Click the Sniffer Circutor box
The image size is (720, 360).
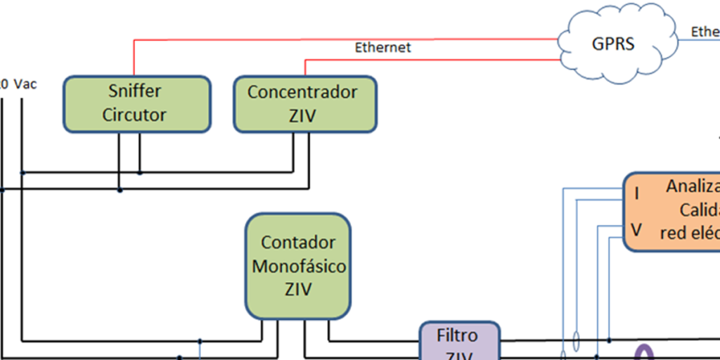tap(136, 103)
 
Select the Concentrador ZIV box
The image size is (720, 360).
tap(304, 103)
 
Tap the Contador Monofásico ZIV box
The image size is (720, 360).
tap(298, 266)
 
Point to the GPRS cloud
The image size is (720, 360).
tap(612, 44)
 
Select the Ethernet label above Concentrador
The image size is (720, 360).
tap(382, 48)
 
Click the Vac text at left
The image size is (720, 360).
tap(25, 84)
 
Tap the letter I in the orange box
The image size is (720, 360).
tap(637, 193)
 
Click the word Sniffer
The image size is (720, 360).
tap(134, 91)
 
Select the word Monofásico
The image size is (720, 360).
tap(299, 266)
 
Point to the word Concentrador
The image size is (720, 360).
tap(302, 91)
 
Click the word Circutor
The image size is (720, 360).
tap(134, 115)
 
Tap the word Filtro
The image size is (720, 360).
tap(457, 335)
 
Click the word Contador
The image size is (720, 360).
tap(298, 243)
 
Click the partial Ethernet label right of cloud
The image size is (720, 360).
tap(705, 32)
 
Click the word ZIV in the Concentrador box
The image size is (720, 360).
tap(302, 115)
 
